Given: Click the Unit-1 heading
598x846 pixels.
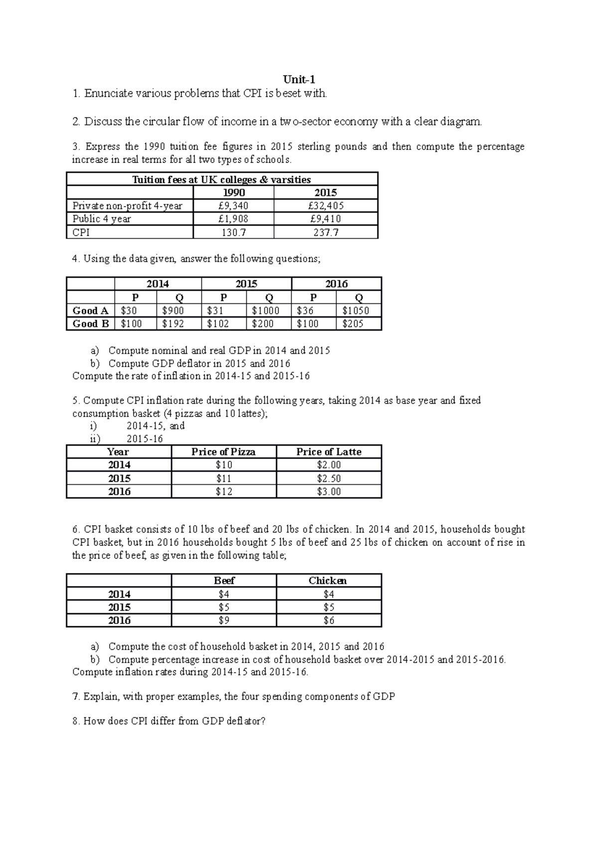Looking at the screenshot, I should click(x=299, y=80).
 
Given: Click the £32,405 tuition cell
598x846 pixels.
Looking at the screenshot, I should click(x=326, y=206).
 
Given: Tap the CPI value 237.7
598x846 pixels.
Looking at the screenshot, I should click(x=326, y=232).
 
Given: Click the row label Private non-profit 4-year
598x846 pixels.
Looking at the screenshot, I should click(x=128, y=206).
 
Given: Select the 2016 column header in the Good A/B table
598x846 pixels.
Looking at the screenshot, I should click(x=336, y=284).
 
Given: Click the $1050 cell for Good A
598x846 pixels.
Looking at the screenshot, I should click(x=356, y=310).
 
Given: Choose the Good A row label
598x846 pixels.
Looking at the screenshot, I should click(x=90, y=310).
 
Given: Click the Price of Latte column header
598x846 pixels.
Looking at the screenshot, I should click(x=328, y=452).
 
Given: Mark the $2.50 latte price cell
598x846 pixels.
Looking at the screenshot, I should click(x=328, y=478).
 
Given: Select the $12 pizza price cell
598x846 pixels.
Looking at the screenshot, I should click(x=224, y=492).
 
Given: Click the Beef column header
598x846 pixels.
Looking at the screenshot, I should click(x=224, y=580).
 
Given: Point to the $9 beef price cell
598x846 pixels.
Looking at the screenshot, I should click(x=224, y=620).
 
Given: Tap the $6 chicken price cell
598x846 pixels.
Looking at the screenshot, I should click(x=328, y=620).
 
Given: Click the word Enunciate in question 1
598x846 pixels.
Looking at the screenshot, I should click(x=108, y=93).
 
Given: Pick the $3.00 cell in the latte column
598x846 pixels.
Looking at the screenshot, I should click(x=328, y=492).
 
